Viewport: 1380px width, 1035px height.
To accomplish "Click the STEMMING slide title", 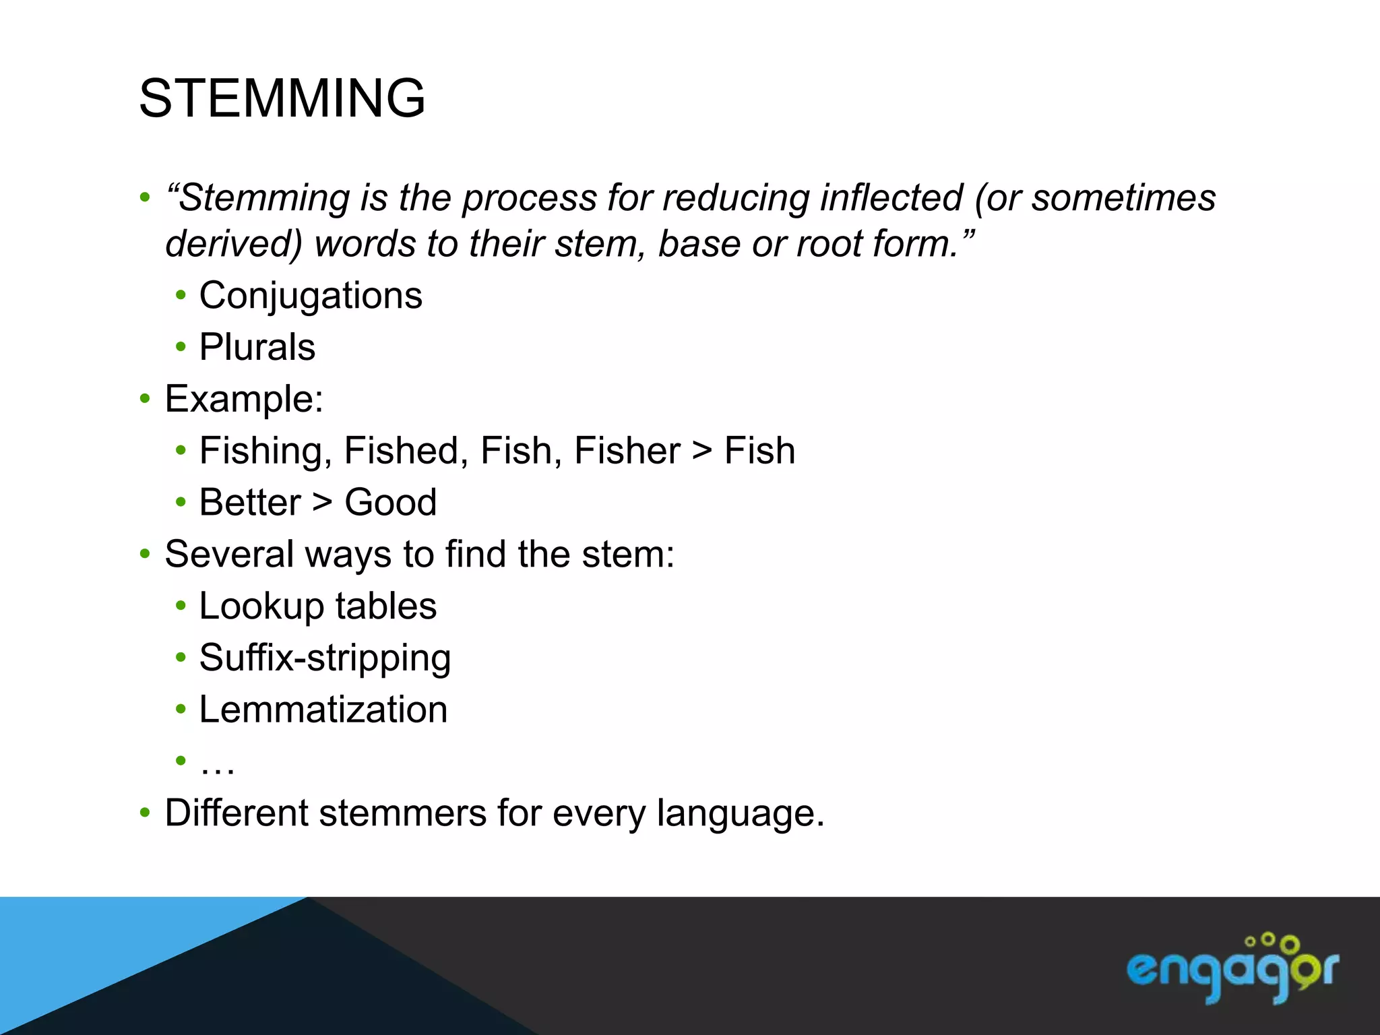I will (x=282, y=98).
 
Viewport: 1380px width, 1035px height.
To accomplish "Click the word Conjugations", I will (x=311, y=296).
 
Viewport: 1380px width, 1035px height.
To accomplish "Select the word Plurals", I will (x=257, y=348).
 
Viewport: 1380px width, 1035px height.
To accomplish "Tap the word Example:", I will (x=244, y=399).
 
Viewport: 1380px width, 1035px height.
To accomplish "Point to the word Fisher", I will (x=627, y=451).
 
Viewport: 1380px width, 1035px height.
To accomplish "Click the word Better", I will (x=250, y=503).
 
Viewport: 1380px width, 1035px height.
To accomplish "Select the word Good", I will (x=390, y=503).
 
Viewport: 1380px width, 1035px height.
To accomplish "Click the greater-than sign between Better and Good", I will (x=323, y=503).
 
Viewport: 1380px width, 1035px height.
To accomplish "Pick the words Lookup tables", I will (x=317, y=606).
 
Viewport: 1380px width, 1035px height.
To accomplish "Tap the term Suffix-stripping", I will (x=325, y=658).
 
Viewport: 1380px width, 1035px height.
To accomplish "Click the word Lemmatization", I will (x=323, y=710).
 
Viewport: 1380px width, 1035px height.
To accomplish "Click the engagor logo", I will (x=1232, y=968).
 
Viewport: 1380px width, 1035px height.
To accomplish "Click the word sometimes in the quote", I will (x=1123, y=198).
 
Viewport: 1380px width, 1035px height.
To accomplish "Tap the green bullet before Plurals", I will (x=180, y=347).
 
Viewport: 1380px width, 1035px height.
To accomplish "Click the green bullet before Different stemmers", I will (x=145, y=813).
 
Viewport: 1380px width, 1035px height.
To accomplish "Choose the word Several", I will (x=229, y=555).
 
